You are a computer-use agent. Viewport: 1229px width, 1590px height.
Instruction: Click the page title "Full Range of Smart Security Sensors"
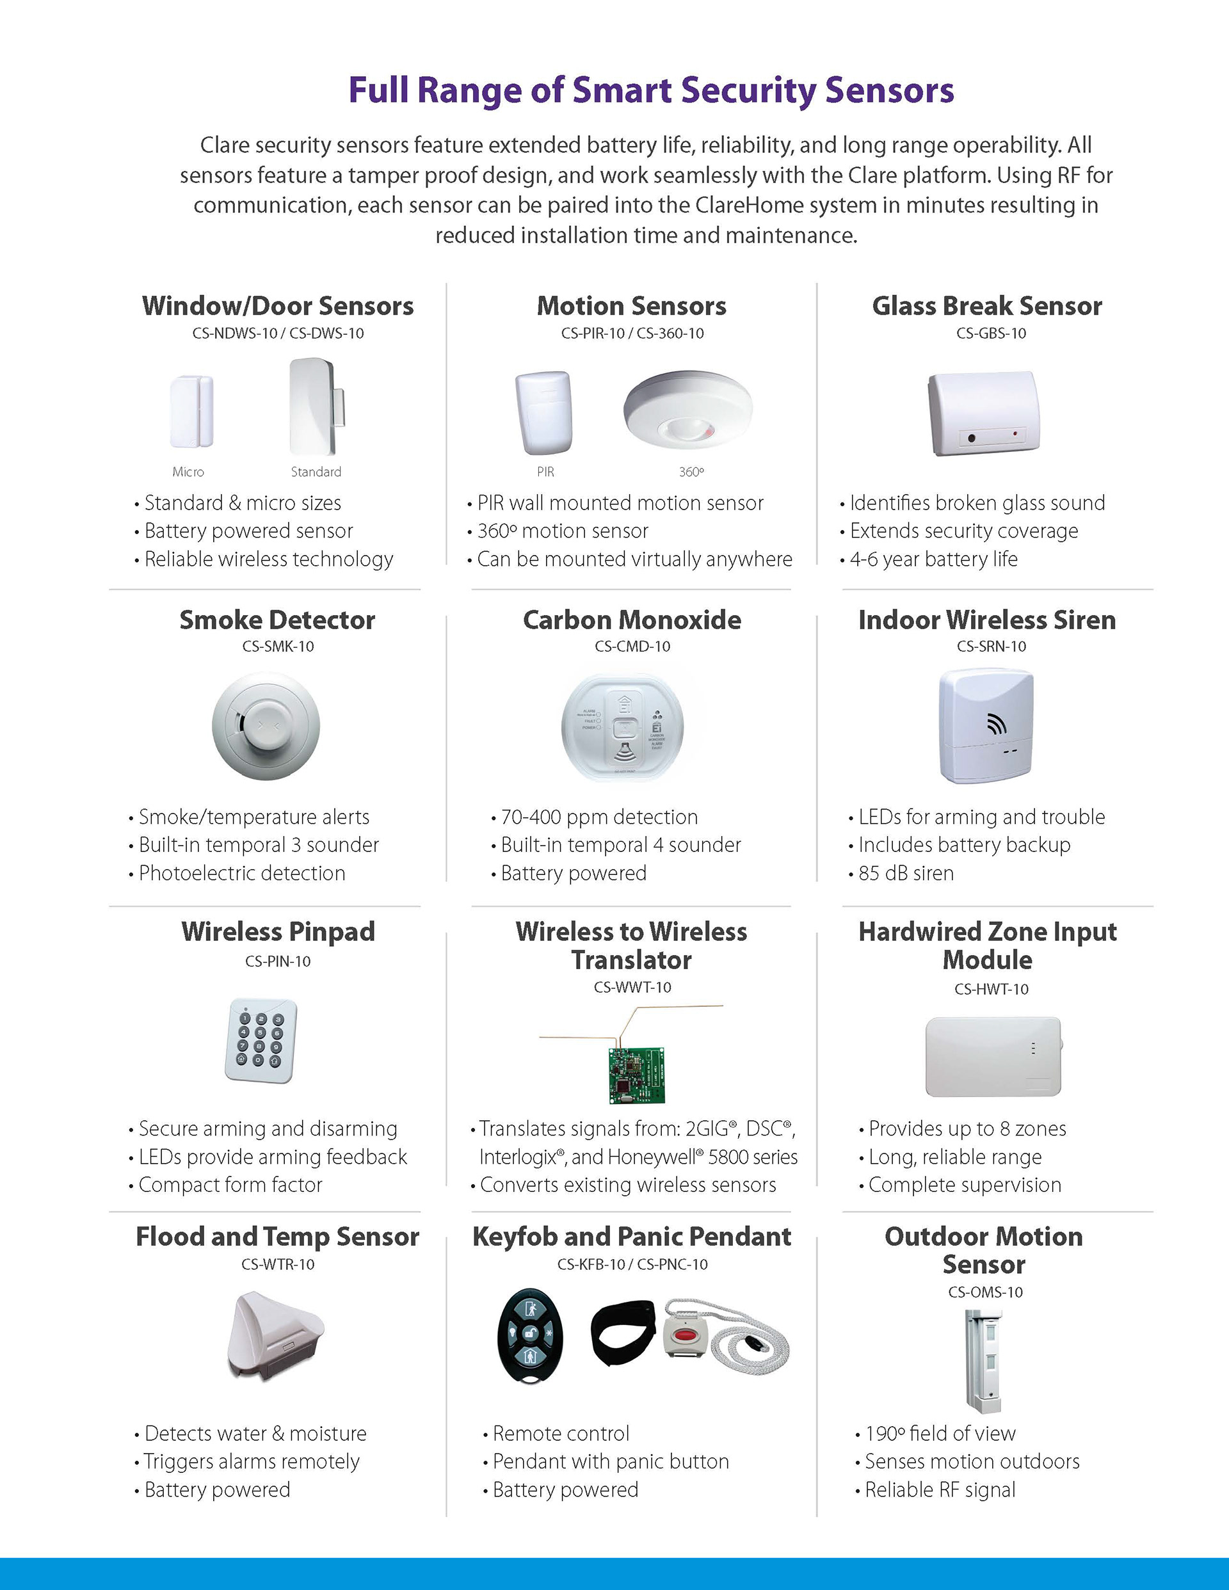(x=651, y=90)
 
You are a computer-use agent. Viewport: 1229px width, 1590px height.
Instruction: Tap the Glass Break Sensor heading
(x=986, y=306)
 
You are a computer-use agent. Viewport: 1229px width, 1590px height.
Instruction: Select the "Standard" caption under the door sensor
(x=316, y=472)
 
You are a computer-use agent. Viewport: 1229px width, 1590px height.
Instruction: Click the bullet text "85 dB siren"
(x=906, y=873)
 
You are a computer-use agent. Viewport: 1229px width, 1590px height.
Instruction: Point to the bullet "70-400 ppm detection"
(x=599, y=817)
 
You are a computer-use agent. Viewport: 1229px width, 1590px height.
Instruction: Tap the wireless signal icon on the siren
(x=996, y=724)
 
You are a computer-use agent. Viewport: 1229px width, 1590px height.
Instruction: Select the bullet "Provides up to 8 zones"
(x=967, y=1128)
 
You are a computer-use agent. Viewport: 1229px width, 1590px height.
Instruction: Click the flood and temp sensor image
(x=275, y=1335)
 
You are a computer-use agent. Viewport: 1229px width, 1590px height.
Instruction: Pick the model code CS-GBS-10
(x=991, y=333)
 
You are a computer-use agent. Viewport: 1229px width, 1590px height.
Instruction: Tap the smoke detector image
(x=266, y=726)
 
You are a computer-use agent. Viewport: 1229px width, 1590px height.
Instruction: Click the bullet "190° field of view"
(x=940, y=1433)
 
